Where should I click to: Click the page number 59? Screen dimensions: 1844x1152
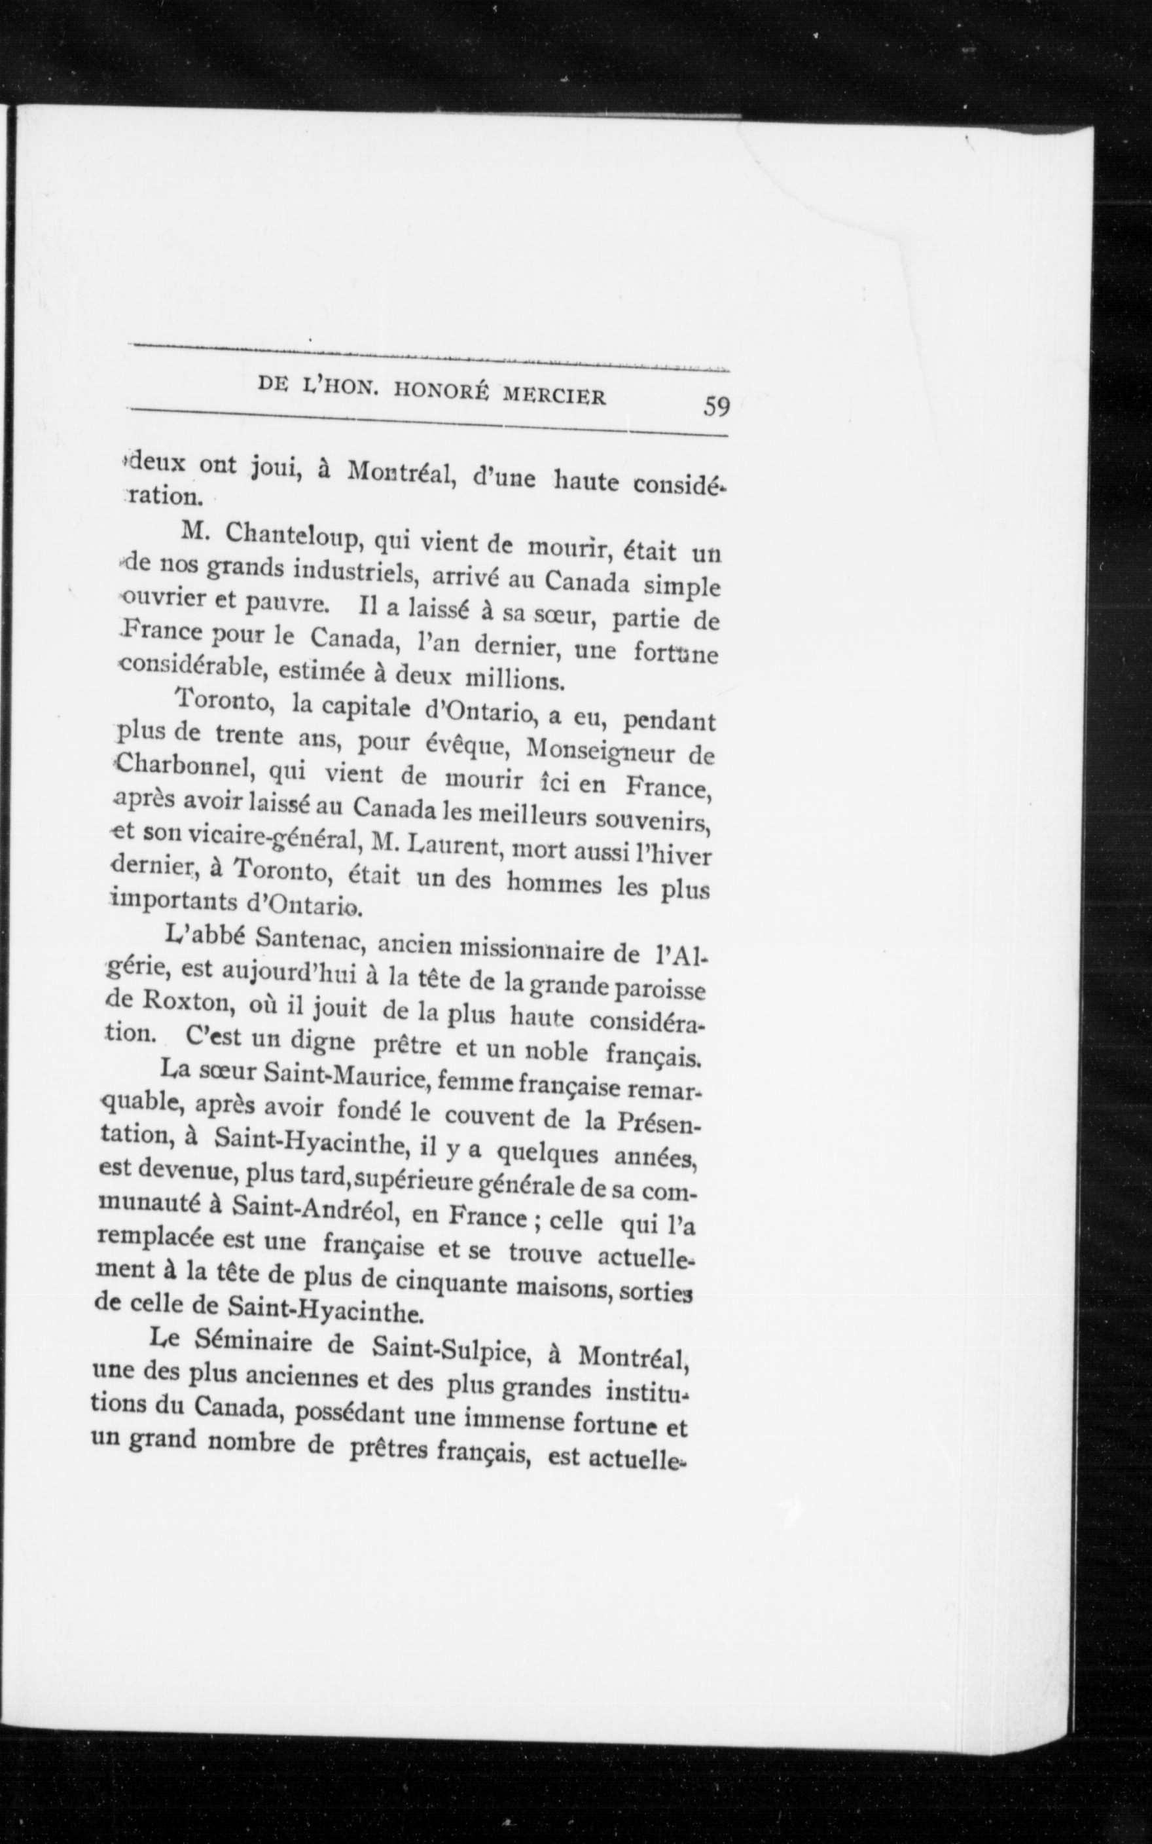pos(717,405)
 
